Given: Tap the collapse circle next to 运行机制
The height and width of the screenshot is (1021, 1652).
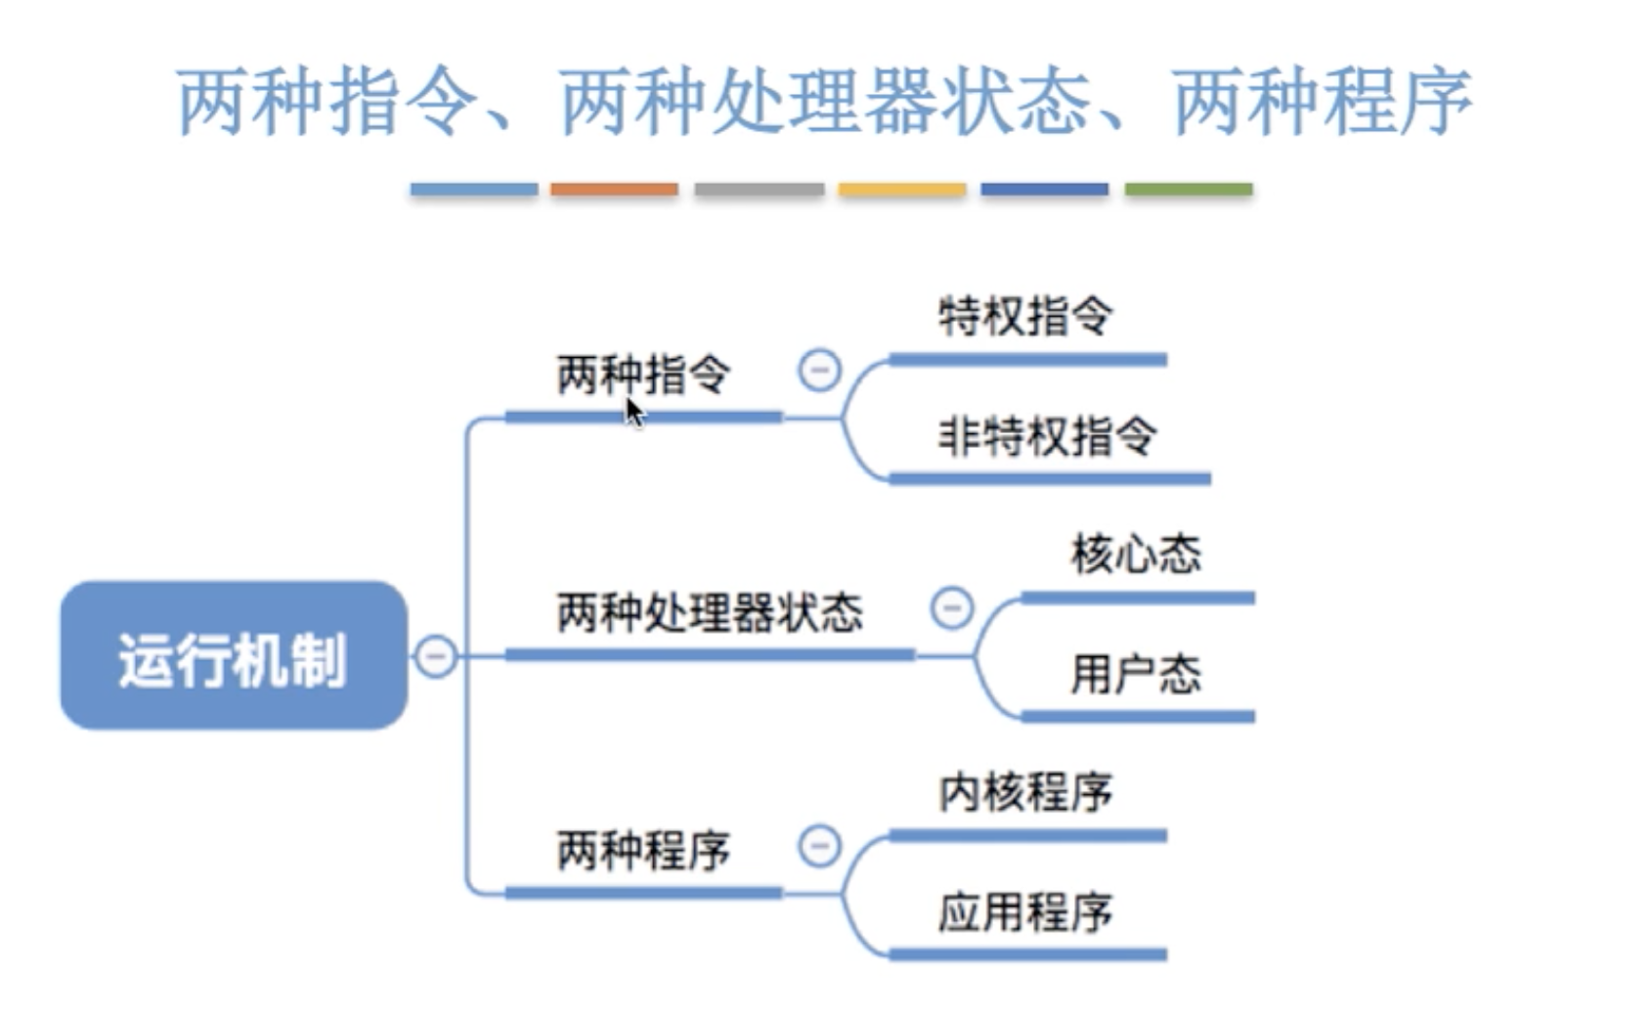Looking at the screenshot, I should (436, 655).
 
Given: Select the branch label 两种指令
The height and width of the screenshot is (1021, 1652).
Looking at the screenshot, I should (643, 375).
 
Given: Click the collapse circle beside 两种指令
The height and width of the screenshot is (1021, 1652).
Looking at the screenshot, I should (819, 371).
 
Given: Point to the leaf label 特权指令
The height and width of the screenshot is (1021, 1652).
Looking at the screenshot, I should (1024, 317).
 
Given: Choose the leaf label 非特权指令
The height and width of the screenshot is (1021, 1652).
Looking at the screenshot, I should (1047, 436).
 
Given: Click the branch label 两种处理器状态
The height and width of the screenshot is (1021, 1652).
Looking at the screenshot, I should (710, 613).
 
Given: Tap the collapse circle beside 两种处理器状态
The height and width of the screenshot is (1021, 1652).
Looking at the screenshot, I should (952, 607).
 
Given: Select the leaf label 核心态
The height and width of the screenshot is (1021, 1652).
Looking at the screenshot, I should (1136, 555).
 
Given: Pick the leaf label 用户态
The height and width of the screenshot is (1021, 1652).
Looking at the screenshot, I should (1136, 674).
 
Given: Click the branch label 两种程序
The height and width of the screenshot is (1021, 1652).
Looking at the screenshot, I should (643, 850).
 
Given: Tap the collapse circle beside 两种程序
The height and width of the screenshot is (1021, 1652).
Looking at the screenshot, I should (819, 846).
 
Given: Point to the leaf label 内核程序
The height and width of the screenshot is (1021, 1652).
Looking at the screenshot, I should (1024, 793).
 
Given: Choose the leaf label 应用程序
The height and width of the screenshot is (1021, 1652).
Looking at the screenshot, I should (1024, 912).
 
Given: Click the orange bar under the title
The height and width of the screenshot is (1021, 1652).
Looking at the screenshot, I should (614, 190).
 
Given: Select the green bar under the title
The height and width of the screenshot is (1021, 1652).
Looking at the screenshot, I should (1189, 190).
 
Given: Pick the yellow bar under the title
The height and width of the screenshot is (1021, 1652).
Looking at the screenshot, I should (902, 190).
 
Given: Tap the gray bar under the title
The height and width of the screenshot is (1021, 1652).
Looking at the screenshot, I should (759, 190).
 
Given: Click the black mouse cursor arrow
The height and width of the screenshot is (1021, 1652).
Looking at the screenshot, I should (634, 412).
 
